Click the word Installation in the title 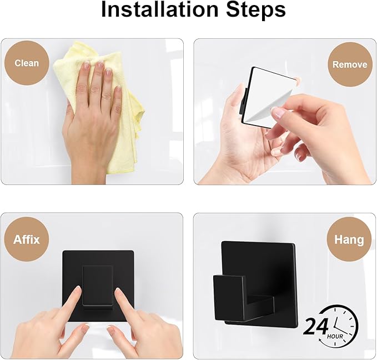pos(159,9)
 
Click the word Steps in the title pos(256,11)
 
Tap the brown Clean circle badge pos(27,63)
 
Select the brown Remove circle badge pos(350,64)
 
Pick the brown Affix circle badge pos(27,239)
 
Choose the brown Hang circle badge pos(349,239)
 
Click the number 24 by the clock pos(316,327)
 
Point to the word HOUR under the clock pos(335,336)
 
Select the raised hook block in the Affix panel pos(97,286)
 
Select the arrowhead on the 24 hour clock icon pos(320,340)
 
